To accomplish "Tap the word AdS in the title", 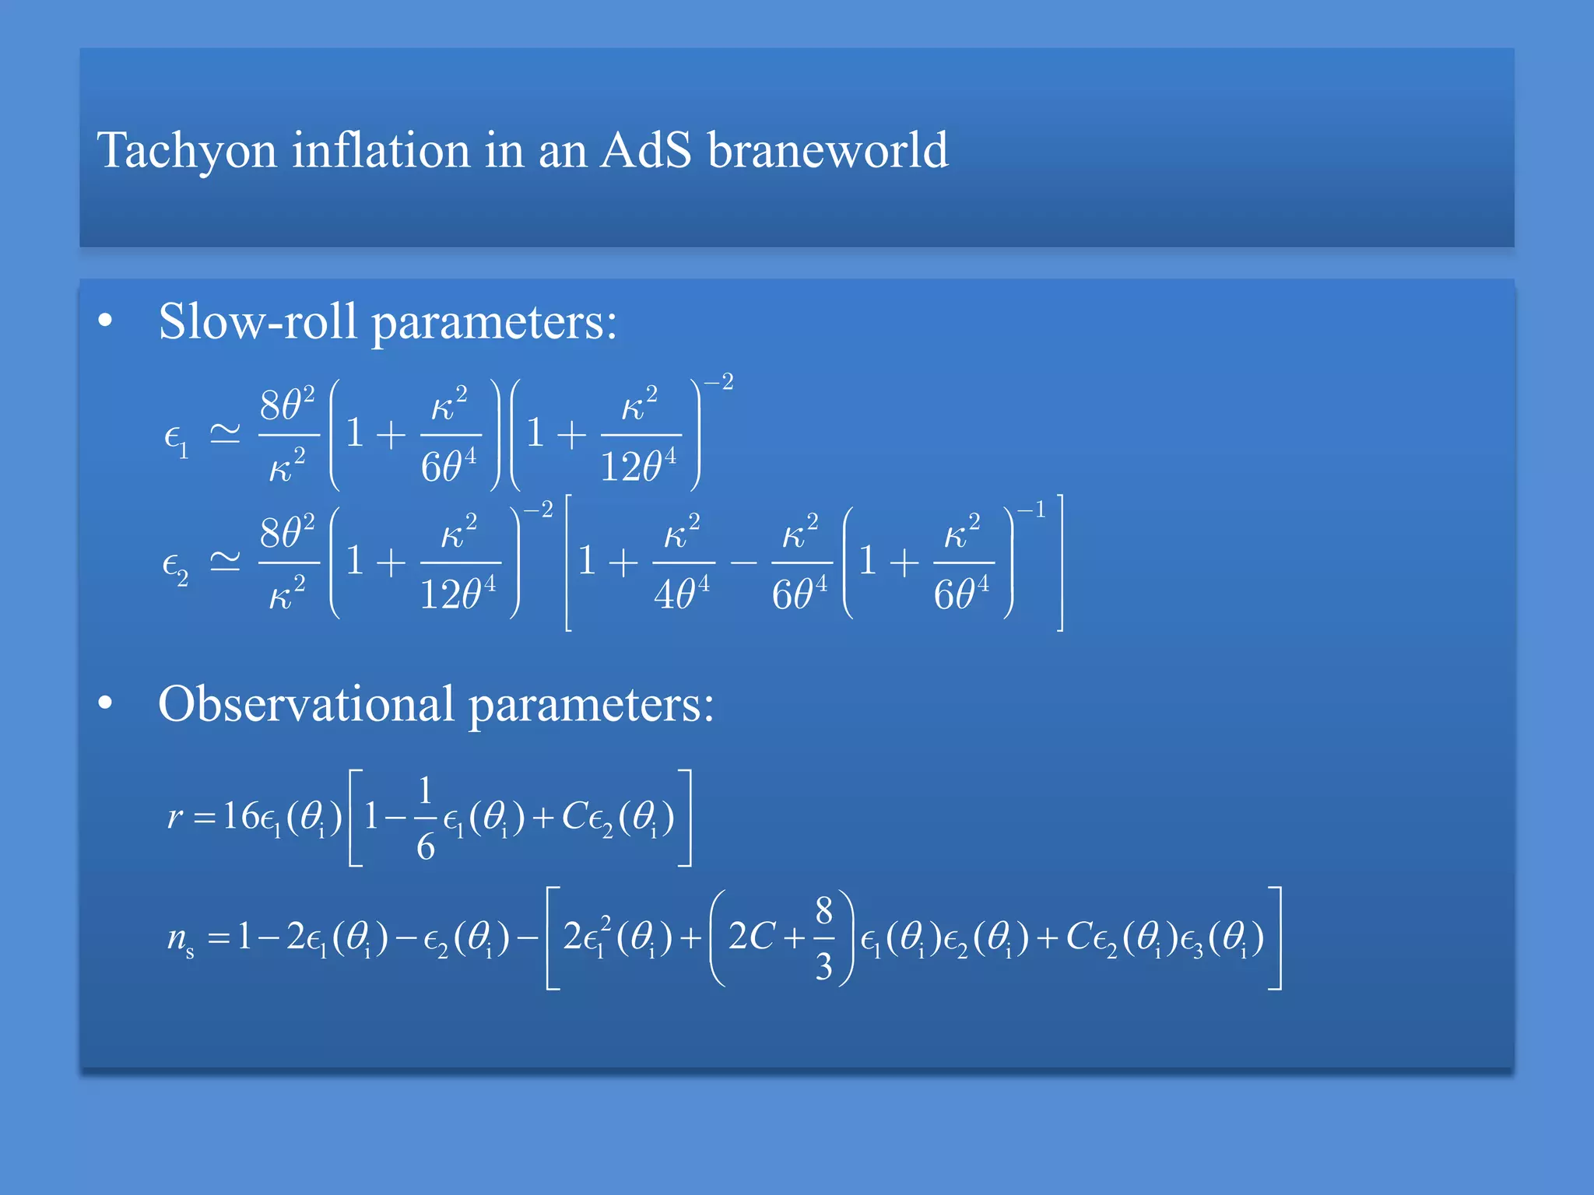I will pos(645,150).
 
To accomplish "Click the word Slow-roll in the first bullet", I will pos(258,321).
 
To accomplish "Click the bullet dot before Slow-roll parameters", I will pos(106,321).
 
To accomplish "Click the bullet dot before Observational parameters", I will pos(106,704).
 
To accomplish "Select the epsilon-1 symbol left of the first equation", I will pos(176,440).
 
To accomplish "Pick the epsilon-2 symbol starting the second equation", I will pos(175,566).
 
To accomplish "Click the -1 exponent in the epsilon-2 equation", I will pos(1031,510).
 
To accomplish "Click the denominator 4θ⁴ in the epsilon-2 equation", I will pos(682,595).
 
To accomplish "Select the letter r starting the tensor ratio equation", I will pos(175,817).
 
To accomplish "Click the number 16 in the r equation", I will pos(241,816).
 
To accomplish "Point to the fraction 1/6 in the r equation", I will pos(425,818).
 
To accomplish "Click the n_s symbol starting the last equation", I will pos(180,937).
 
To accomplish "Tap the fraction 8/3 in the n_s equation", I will pos(823,937).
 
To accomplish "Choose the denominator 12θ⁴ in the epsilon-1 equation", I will pos(638,467).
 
